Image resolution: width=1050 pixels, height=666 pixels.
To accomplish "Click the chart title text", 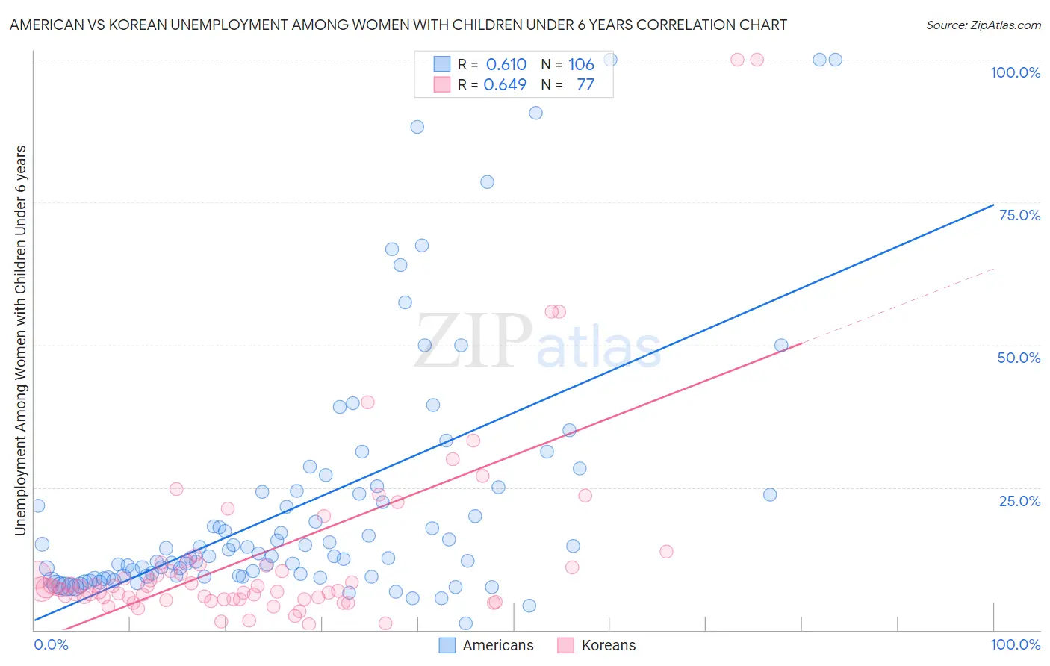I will point(398,25).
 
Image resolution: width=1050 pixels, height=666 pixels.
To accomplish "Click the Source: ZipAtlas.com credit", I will point(983,25).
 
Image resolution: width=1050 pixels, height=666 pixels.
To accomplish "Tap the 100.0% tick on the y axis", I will point(1015,72).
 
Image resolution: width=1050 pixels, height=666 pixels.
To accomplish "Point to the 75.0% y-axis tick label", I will point(1019,215).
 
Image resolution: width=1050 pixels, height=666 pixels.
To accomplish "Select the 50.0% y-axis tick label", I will point(1019,358).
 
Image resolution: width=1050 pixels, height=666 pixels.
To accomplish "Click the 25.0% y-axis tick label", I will point(1019,500).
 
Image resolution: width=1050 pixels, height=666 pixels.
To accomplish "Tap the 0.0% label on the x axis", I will point(51,644).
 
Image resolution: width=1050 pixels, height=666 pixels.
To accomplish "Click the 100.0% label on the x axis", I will point(1015,644).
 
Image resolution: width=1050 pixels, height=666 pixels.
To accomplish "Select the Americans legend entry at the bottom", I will point(486,645).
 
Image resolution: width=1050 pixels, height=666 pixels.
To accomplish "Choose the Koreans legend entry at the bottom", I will point(597,645).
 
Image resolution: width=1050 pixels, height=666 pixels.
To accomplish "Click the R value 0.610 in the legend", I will point(506,64).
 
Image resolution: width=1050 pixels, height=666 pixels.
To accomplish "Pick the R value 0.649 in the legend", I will point(506,84).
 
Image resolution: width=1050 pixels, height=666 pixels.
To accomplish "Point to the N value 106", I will point(581,64).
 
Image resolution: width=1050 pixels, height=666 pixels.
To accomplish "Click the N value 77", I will point(585,84).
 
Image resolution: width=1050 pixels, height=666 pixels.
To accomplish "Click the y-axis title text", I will point(21,340).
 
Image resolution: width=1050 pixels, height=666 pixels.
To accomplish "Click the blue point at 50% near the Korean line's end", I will point(781,345).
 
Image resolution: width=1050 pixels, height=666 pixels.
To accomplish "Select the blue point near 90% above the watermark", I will point(535,113).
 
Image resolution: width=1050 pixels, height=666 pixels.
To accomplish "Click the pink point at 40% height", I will point(367,402).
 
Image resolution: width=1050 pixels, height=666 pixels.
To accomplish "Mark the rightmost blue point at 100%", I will point(836,60).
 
